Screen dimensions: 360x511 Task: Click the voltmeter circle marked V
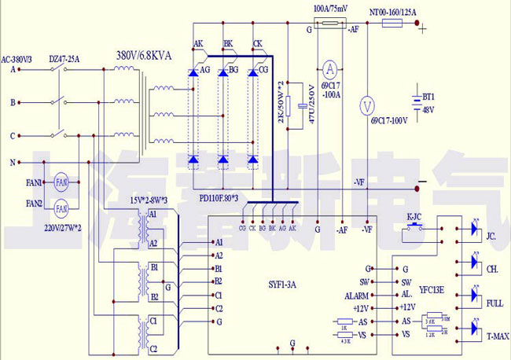[364, 105]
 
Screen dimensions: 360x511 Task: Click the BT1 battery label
[428, 96]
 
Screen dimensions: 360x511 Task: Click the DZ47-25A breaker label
[64, 58]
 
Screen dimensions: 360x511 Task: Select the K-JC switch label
[415, 215]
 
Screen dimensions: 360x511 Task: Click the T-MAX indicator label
[497, 336]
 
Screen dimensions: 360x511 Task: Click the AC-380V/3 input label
[17, 58]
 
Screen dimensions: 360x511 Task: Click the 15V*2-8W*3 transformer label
[152, 201]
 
